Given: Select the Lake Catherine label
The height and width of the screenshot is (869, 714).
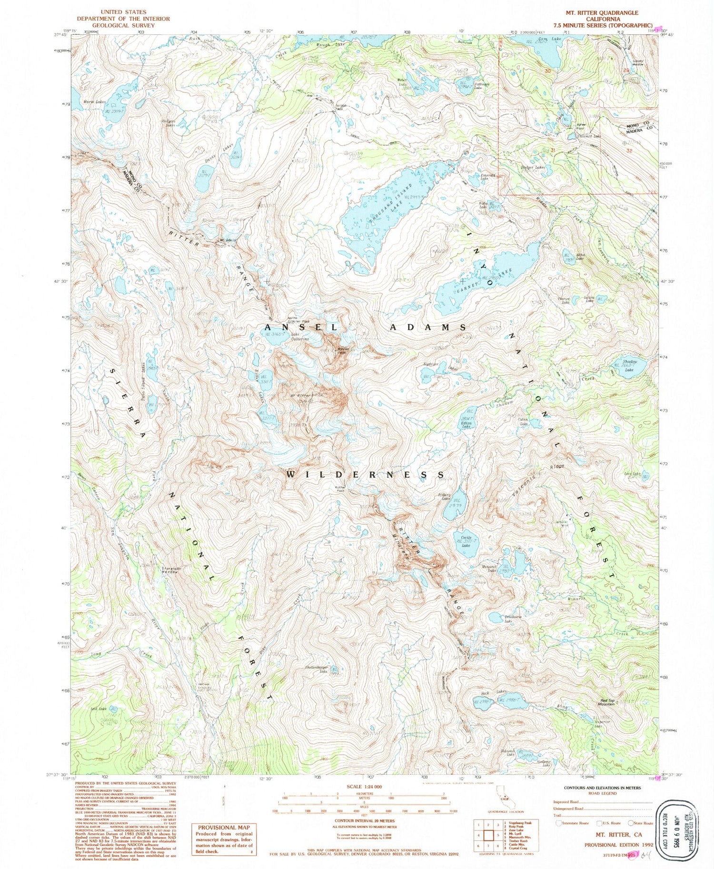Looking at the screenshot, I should pyautogui.click(x=300, y=337).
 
